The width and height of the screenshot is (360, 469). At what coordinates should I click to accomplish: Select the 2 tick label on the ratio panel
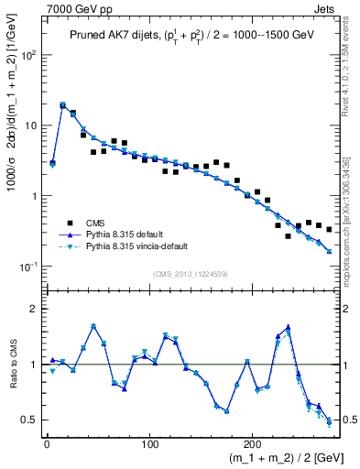[35, 310]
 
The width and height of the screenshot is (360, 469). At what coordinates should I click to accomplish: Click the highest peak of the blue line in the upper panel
[62, 105]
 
